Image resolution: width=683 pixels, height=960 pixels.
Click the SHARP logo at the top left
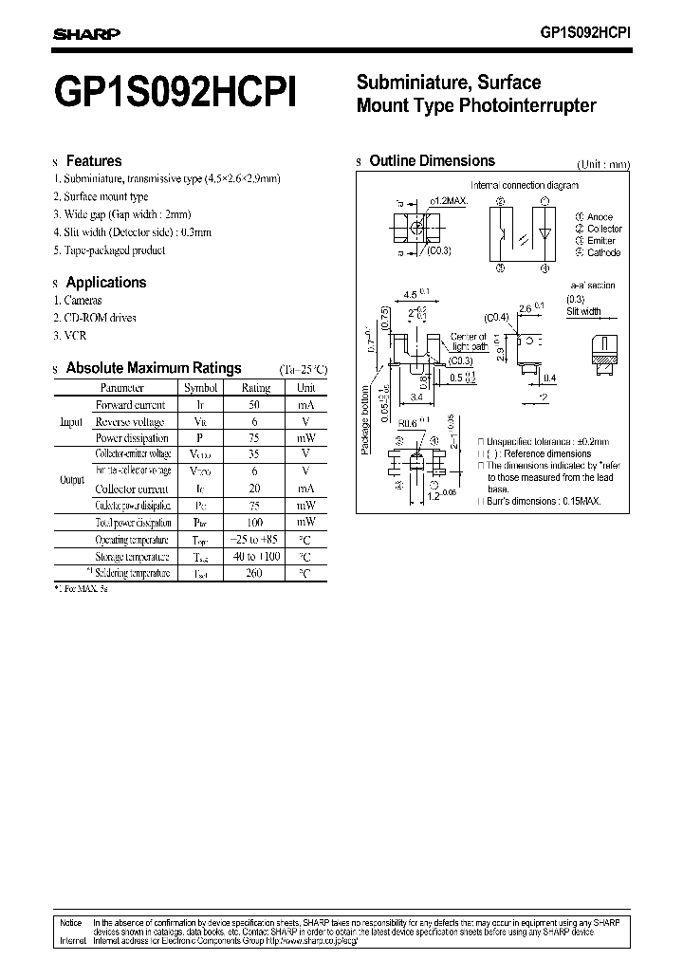click(x=85, y=33)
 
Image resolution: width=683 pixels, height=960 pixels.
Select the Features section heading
click(x=93, y=161)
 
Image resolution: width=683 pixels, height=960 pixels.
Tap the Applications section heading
click(x=105, y=282)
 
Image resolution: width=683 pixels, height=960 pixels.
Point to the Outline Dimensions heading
click(x=432, y=161)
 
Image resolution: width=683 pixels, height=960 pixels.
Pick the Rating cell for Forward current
click(x=255, y=404)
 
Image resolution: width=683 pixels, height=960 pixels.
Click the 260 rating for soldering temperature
click(x=255, y=573)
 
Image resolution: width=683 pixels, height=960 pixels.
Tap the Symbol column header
click(x=200, y=387)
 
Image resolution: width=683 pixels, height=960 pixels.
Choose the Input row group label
click(x=72, y=421)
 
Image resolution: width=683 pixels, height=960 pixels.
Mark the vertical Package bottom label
click(x=365, y=419)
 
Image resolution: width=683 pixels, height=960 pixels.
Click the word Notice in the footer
click(x=71, y=922)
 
